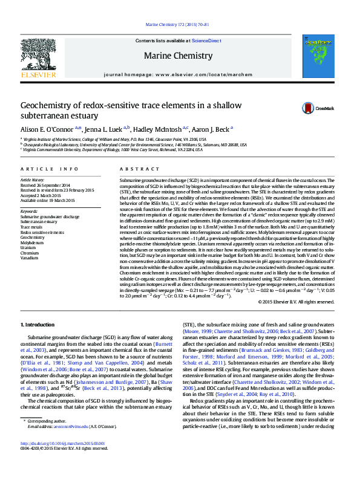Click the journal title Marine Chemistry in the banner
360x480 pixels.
180,55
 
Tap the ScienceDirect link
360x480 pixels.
206,41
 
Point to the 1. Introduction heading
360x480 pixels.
38,325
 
